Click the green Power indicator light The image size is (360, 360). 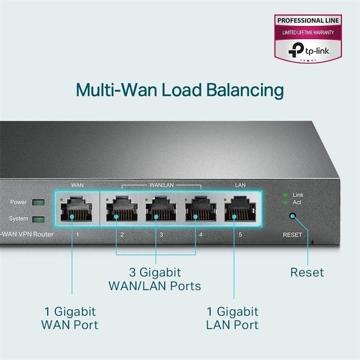point(39,202)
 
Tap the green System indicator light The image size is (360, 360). point(39,219)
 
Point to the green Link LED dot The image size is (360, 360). point(285,195)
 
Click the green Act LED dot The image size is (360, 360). point(285,202)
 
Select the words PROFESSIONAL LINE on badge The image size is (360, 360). point(308,21)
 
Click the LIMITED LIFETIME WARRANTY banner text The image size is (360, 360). point(308,33)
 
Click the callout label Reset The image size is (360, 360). point(306,272)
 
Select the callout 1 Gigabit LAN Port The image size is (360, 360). point(232,318)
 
